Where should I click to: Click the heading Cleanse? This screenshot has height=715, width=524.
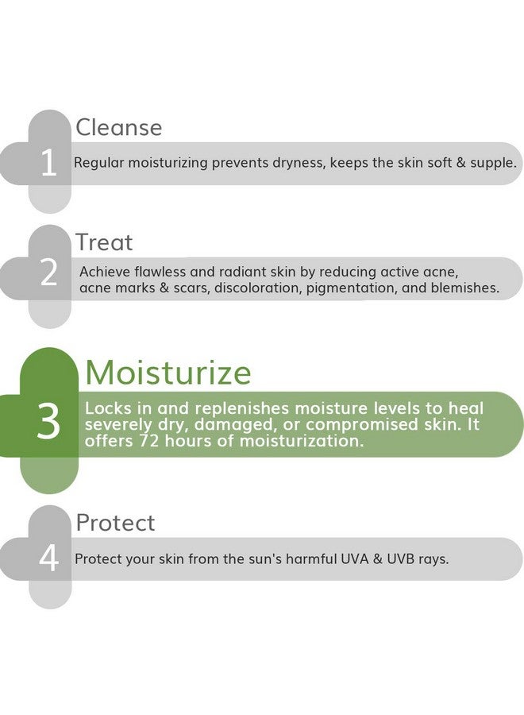(118, 127)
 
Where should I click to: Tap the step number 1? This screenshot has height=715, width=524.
(48, 163)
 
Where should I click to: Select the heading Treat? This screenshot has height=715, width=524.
(104, 242)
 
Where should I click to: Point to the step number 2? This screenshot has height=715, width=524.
(48, 273)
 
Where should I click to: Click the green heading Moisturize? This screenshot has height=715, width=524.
(168, 373)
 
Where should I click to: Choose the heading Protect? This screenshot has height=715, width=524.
(115, 523)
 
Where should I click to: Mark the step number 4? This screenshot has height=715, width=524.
(48, 558)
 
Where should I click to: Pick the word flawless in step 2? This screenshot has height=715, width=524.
(158, 272)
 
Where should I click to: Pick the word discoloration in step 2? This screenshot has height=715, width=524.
(257, 288)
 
